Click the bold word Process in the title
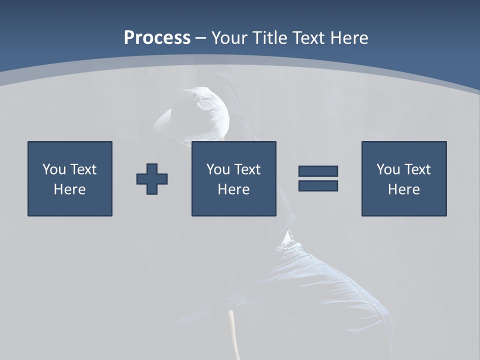tap(157, 38)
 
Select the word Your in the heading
tap(229, 38)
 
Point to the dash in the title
tap(200, 38)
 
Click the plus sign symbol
tap(152, 178)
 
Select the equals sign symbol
tap(318, 178)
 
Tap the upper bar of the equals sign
tap(318, 171)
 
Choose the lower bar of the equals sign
tap(318, 185)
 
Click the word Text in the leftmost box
tap(83, 169)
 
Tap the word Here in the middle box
tap(234, 189)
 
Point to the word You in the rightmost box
tap(388, 169)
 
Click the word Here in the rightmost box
tap(404, 189)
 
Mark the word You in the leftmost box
tap(54, 169)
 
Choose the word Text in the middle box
tap(247, 169)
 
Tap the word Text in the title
tap(306, 38)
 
